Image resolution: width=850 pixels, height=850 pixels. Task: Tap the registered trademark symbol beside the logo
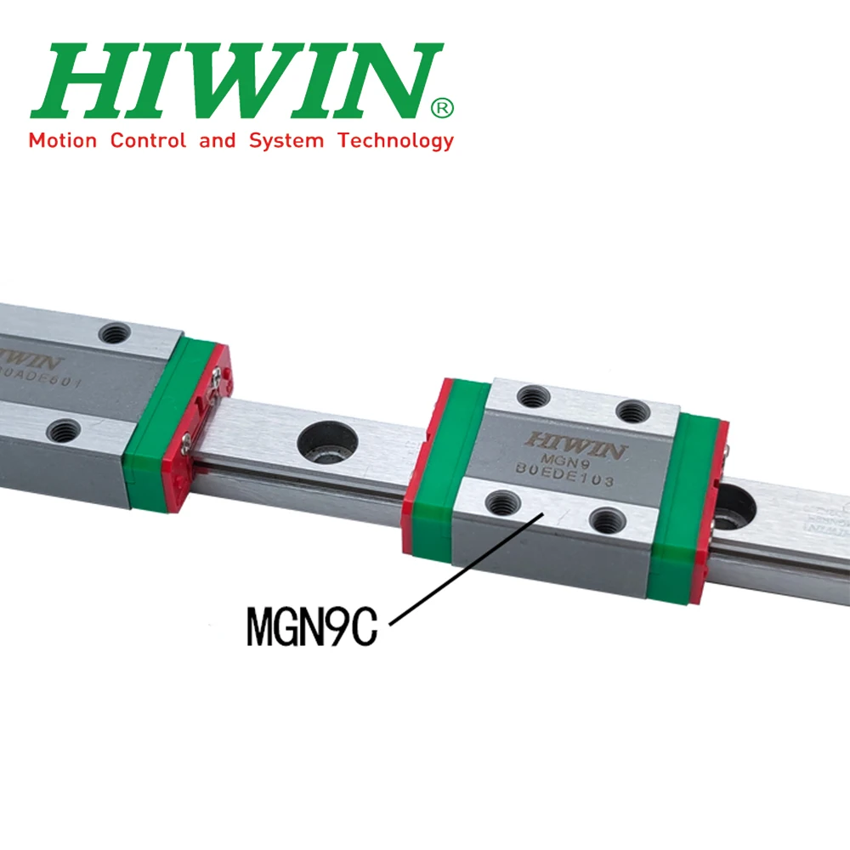443,108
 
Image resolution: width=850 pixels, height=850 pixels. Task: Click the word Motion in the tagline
63,140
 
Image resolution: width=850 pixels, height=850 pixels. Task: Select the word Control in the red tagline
148,140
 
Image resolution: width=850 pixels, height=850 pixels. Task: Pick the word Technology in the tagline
396,141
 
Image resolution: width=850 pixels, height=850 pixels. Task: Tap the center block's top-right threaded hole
633,412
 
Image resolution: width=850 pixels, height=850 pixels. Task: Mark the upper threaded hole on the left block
112,333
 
